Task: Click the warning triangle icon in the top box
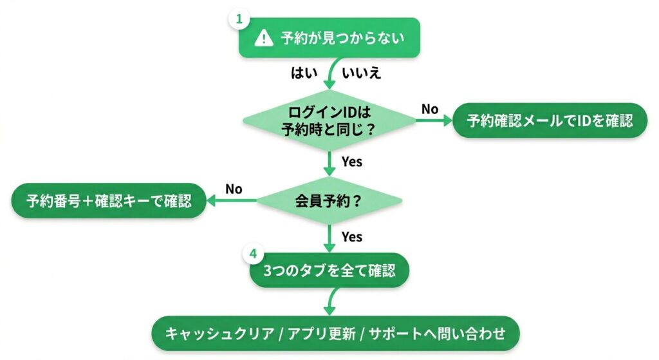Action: click(x=263, y=38)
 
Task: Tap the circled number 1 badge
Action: click(x=239, y=19)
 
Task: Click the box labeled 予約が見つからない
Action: click(x=329, y=38)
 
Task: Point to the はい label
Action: click(x=305, y=72)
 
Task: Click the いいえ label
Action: click(x=362, y=72)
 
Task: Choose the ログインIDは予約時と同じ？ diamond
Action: click(x=329, y=120)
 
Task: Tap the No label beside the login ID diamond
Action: click(x=430, y=109)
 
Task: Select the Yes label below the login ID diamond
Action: click(x=352, y=162)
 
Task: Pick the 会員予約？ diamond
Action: click(x=329, y=200)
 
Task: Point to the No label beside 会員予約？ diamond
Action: click(x=234, y=189)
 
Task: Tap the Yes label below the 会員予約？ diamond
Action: click(x=352, y=237)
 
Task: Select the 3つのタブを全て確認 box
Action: click(x=329, y=271)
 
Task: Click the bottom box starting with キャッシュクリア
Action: click(x=335, y=333)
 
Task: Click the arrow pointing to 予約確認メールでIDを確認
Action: click(x=434, y=120)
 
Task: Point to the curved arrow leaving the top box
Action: click(x=329, y=74)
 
